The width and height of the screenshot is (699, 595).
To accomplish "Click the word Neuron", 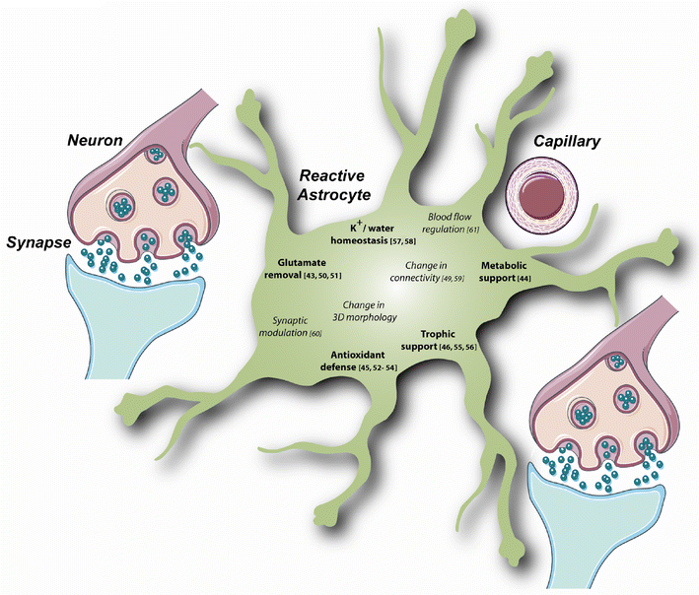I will [95, 142].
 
